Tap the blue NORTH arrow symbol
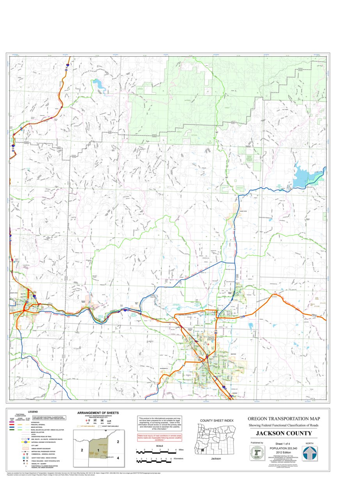click(310, 453)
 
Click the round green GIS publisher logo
click(257, 453)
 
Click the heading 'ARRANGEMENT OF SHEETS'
click(98, 412)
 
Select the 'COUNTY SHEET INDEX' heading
click(211, 420)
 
